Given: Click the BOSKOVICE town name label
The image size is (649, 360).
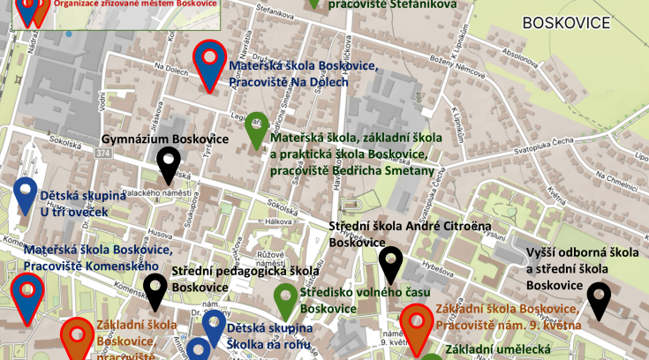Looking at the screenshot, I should point(567,22).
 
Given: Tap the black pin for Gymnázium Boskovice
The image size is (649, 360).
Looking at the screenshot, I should point(169,162).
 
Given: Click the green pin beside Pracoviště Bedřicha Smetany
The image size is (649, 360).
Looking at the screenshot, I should point(256,128).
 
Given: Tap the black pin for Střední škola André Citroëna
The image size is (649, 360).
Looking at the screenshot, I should point(390,264).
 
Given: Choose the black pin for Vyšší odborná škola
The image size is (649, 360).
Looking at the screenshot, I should point(599,298).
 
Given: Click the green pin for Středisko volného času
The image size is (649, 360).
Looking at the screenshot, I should point(285,299).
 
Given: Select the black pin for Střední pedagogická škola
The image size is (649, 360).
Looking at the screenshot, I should point(155,289).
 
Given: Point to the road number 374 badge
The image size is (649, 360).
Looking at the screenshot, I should point(79,154).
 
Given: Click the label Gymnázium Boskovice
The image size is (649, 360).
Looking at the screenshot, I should point(165,139).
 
